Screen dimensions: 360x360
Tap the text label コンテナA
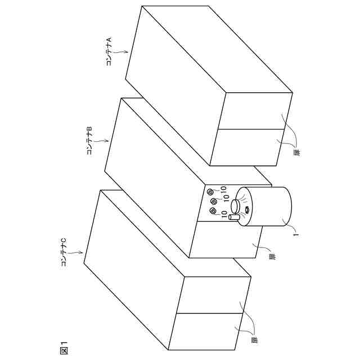tap(109, 51)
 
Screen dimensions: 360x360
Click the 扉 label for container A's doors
tap(297, 151)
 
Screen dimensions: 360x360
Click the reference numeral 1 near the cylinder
tap(296, 235)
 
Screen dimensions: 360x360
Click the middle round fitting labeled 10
tap(214, 201)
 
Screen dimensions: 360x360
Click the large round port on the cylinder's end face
tap(235, 206)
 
